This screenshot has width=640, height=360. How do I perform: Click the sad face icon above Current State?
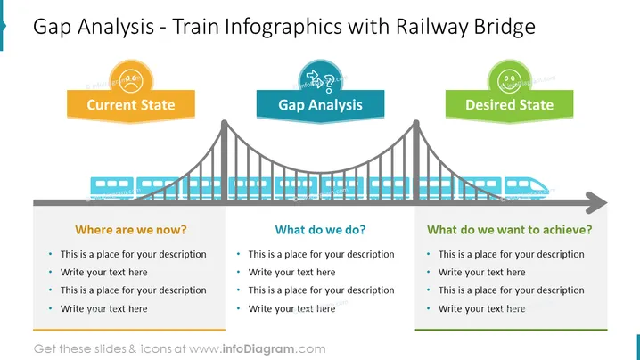tap(131, 81)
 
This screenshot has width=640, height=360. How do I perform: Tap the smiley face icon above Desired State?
tap(509, 81)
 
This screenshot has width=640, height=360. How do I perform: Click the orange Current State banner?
tap(131, 105)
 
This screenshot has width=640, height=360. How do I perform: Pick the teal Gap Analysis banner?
tap(320, 105)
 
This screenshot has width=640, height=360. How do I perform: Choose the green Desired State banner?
tap(509, 105)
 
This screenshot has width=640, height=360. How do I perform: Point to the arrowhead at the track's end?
tap(597, 202)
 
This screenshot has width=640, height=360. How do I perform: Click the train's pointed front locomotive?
tap(527, 188)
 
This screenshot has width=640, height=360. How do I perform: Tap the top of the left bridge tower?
tap(224, 121)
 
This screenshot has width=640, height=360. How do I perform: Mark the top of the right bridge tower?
tap(416, 121)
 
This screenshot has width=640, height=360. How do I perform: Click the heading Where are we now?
tap(131, 230)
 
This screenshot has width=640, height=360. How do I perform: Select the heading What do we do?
tap(320, 230)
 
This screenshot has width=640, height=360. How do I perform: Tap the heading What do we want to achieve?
tap(509, 230)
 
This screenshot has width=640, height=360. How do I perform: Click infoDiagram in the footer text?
tap(258, 349)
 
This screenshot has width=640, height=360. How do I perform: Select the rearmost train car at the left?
tap(111, 188)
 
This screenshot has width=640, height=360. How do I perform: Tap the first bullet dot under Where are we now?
tap(51, 254)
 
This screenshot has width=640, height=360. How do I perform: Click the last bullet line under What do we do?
tap(291, 308)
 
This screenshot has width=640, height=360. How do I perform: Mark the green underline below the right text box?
tap(511, 330)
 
